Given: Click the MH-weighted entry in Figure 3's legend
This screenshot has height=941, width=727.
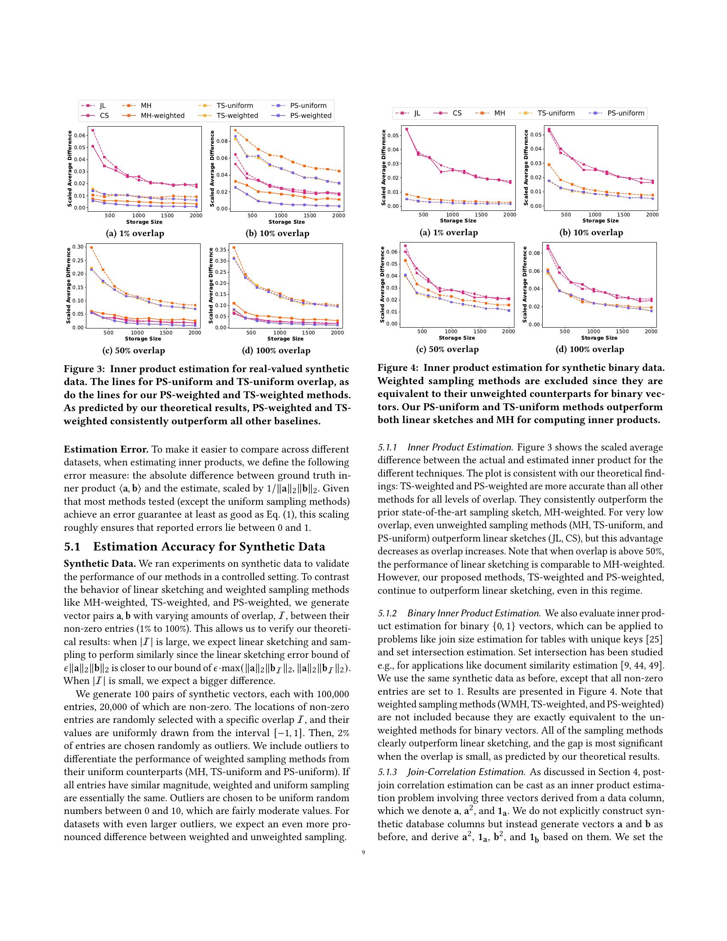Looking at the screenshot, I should tap(163, 115).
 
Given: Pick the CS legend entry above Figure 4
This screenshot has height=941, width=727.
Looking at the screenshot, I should tap(457, 113).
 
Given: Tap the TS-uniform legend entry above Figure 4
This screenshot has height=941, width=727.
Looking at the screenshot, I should tap(556, 113).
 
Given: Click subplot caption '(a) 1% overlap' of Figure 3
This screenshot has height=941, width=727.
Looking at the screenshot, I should tap(135, 234).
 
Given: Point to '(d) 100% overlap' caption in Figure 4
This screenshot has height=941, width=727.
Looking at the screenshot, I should tap(590, 349).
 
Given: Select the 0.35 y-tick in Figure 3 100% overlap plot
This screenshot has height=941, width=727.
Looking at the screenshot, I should tap(221, 249).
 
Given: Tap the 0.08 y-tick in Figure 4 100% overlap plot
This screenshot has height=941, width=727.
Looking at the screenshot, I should tap(534, 253).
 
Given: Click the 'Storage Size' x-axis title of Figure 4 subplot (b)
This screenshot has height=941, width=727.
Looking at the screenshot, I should tap(600, 221).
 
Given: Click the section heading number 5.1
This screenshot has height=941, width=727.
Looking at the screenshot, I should tap(72, 547).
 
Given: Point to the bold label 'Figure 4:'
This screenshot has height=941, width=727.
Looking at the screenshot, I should tap(398, 367).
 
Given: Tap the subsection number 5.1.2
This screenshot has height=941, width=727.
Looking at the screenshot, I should tap(387, 613).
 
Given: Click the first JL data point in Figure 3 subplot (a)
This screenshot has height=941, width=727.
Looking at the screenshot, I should tap(93, 130).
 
